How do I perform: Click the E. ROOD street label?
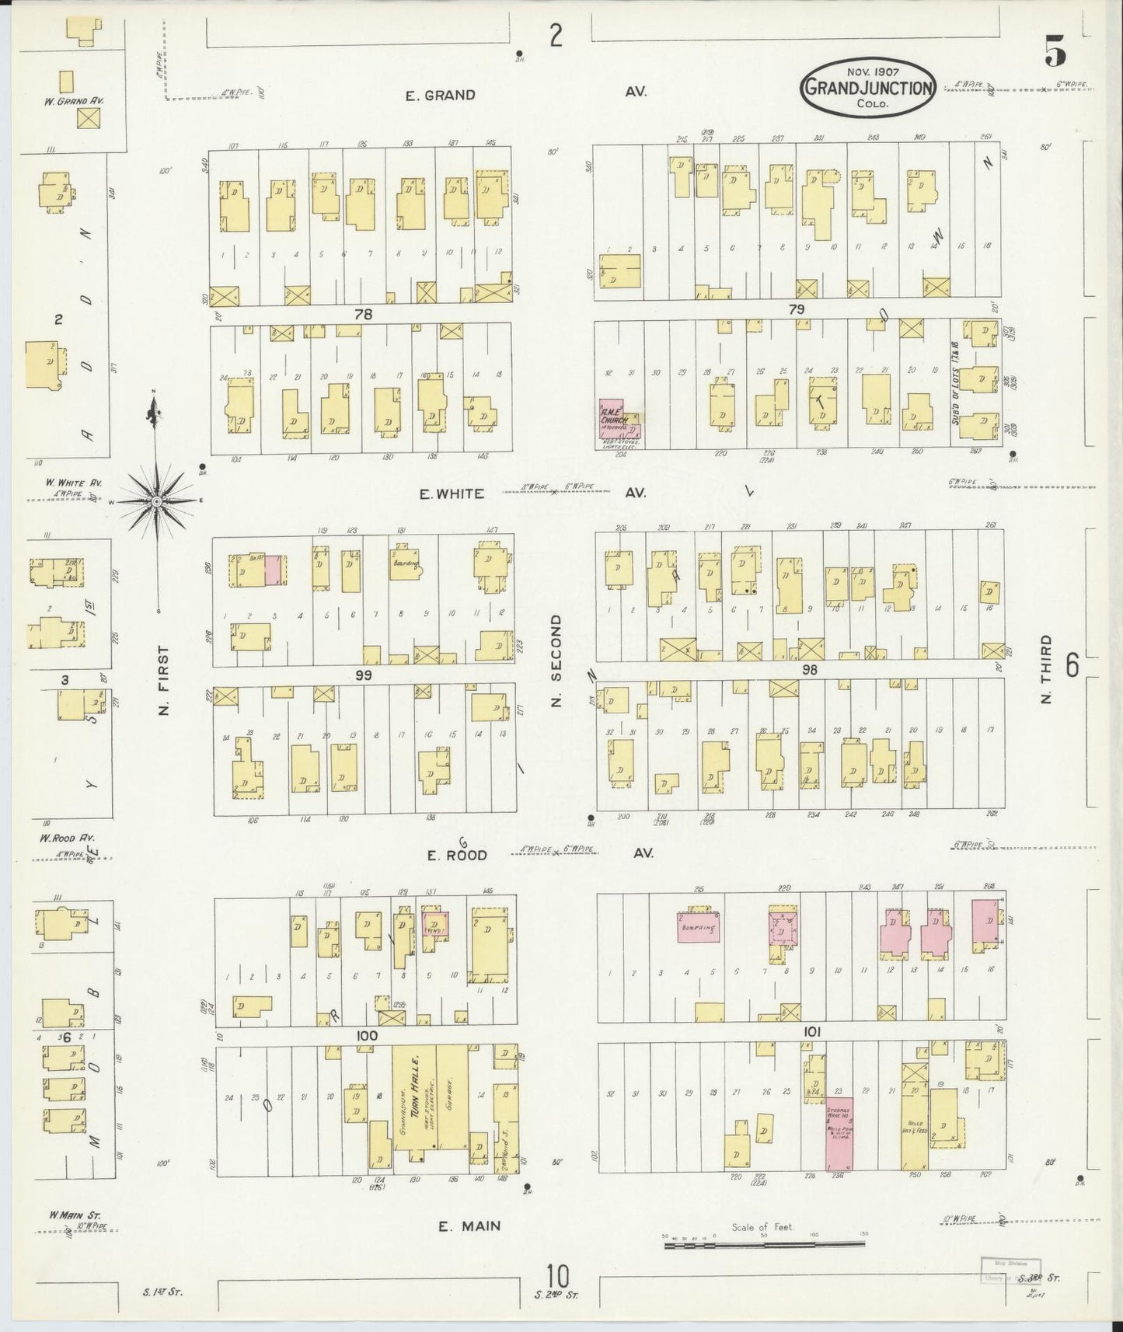(x=457, y=855)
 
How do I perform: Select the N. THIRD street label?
(x=1045, y=670)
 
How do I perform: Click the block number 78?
(x=363, y=315)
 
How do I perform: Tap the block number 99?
(x=363, y=675)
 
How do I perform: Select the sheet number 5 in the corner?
(x=1055, y=52)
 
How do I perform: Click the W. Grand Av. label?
(x=75, y=99)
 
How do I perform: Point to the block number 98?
(x=810, y=669)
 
